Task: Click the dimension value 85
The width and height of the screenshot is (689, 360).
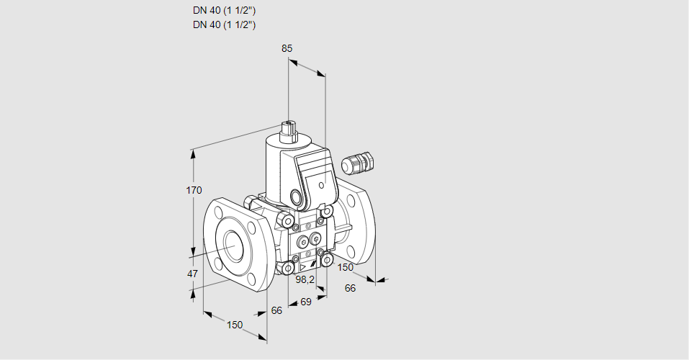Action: [x=287, y=48]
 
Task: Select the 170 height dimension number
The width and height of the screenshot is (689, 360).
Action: [x=194, y=190]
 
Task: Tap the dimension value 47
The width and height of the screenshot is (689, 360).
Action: [x=192, y=274]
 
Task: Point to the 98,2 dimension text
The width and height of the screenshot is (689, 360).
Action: [x=306, y=279]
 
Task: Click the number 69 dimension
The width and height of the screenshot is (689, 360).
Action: [x=305, y=301]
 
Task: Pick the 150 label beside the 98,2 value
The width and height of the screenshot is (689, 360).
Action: [x=346, y=267]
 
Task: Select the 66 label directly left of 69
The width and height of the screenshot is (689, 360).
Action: [x=276, y=310]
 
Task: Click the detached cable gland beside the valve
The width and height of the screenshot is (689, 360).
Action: [x=358, y=163]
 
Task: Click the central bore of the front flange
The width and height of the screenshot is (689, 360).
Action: [x=234, y=247]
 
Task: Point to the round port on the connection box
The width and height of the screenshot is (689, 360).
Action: [x=296, y=197]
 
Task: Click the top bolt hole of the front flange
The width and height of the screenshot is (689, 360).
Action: [x=218, y=212]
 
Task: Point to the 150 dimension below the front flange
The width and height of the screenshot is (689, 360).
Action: [x=235, y=325]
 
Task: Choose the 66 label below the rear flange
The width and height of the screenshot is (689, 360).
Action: [x=351, y=288]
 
